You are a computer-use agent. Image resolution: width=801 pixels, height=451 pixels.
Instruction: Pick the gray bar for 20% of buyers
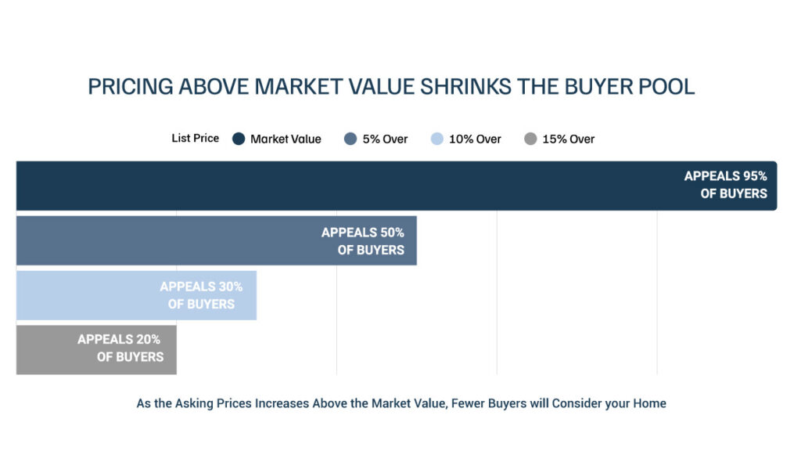[x=47, y=349]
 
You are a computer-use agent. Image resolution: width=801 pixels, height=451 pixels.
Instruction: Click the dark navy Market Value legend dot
[x=239, y=139]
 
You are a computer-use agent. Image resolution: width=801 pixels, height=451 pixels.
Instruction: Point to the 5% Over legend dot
[x=350, y=139]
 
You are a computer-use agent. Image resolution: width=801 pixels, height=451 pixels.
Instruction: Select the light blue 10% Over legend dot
[x=436, y=139]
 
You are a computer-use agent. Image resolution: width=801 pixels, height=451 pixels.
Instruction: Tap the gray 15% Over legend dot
[x=530, y=139]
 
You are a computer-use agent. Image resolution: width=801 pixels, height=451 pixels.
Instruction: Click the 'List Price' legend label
[x=195, y=139]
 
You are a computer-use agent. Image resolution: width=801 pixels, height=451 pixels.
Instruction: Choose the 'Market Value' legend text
[x=286, y=139]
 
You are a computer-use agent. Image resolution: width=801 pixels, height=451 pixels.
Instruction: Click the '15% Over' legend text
[x=569, y=139]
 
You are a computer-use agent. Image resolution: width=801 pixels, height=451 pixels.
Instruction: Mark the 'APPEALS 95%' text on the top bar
[x=726, y=177]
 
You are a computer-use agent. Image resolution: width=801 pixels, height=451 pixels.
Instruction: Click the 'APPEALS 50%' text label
[x=363, y=233]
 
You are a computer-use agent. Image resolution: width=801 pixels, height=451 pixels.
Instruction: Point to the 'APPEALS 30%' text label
[x=201, y=287]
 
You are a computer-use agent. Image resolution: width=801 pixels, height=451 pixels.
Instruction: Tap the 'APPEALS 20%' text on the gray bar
[x=119, y=340]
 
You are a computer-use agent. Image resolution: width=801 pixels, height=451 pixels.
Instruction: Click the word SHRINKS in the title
[x=484, y=86]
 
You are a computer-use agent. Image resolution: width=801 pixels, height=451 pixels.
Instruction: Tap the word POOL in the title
[x=670, y=86]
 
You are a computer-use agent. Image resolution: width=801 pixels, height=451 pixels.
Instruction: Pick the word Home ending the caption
[x=650, y=404]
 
